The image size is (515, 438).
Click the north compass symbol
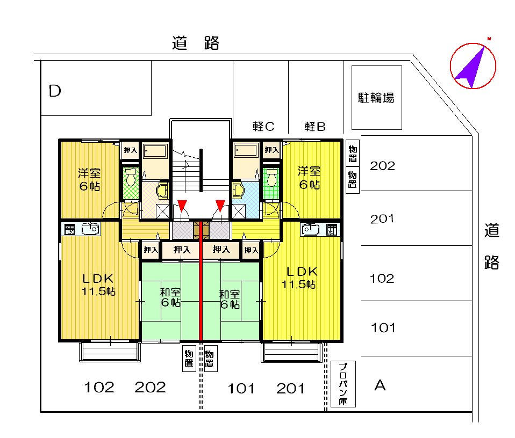tap(473, 65)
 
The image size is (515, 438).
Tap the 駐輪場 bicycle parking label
tap(376, 98)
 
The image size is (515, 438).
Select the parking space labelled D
tap(96, 88)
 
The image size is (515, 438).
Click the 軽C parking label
tap(263, 126)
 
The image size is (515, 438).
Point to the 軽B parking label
tap(315, 126)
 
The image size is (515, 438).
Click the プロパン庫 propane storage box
tap(343, 384)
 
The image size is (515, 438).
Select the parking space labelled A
tap(417, 384)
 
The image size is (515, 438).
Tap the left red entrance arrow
tap(182, 206)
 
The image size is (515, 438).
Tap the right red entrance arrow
tap(220, 206)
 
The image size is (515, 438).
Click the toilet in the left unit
tap(131, 177)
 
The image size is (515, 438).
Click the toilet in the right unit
tap(271, 177)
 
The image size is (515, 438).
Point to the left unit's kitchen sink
tap(90, 229)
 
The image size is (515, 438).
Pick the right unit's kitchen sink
tap(310, 229)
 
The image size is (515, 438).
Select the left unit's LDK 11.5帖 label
tap(98, 284)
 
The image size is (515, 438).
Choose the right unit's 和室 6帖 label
tap(230, 300)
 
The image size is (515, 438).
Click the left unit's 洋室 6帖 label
tap(89, 179)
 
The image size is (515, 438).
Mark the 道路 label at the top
tap(196, 43)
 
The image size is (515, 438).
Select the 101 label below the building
tap(241, 389)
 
